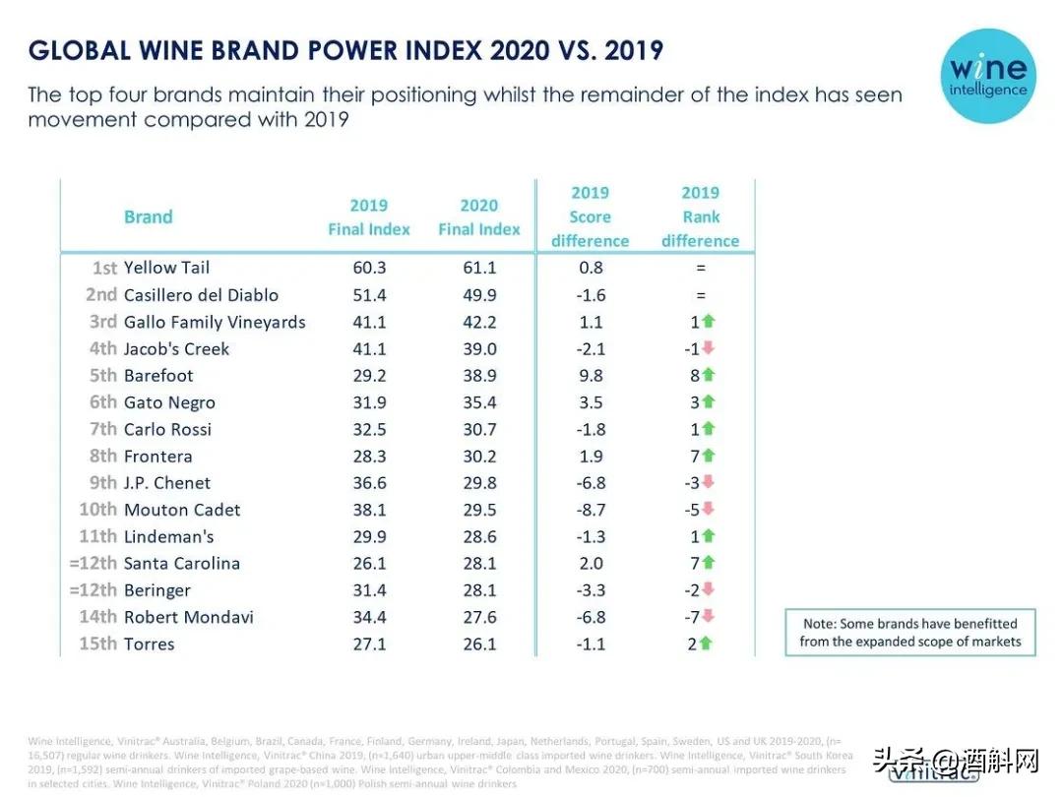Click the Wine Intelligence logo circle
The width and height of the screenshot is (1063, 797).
[x=987, y=76]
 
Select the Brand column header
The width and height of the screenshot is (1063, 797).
[x=148, y=217]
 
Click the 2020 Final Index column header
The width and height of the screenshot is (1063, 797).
[x=479, y=217]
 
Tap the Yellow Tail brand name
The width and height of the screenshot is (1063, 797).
[x=166, y=268]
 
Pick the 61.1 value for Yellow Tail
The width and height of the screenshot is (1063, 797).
[x=479, y=268]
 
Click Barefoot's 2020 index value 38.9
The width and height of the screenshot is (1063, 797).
[x=479, y=376]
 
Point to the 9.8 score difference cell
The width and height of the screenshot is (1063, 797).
[x=591, y=376]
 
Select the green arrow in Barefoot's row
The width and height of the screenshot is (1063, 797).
[x=709, y=376]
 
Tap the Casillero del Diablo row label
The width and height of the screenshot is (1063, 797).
[x=201, y=295]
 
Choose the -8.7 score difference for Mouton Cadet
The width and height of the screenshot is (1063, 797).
[x=590, y=510]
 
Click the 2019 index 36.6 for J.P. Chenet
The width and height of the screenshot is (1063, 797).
[x=369, y=483]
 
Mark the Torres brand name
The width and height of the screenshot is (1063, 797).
[x=149, y=644]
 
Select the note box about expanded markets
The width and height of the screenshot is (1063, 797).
[x=910, y=633]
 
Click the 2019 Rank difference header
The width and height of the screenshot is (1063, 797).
[x=700, y=217]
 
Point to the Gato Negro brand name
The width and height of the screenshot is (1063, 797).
[x=169, y=402]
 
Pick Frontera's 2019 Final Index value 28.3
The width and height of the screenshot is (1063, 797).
[x=369, y=457]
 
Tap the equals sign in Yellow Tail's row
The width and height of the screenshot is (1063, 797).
[x=700, y=268]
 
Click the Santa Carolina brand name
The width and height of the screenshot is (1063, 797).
[x=182, y=564]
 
